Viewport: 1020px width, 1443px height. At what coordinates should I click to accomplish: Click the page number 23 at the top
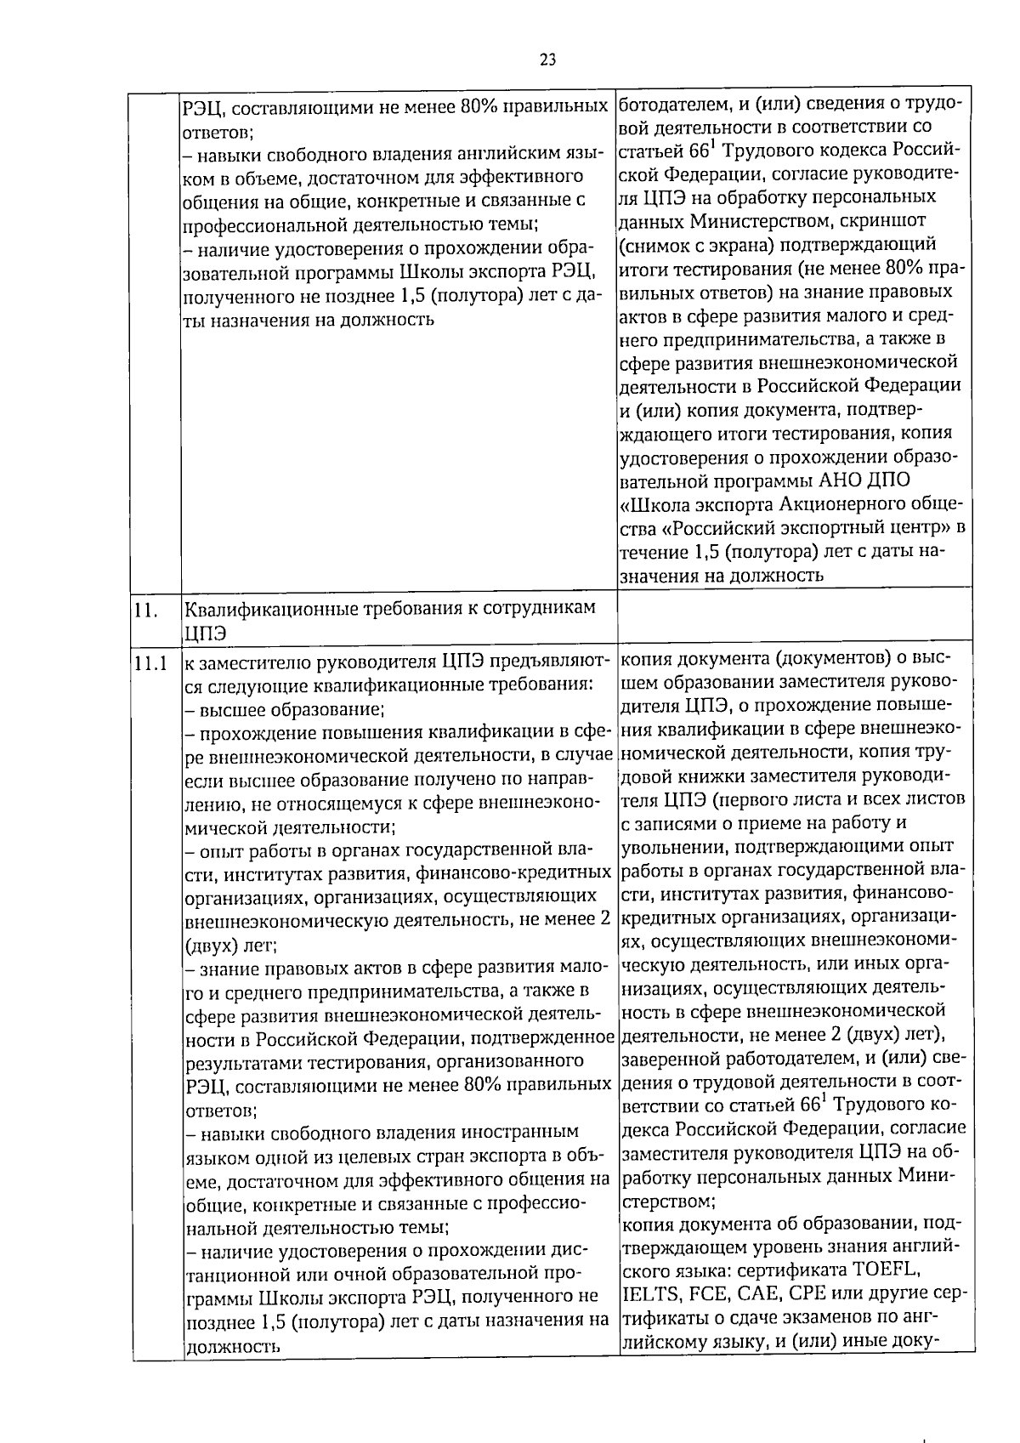pos(547,60)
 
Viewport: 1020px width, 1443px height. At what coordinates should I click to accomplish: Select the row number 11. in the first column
pos(144,611)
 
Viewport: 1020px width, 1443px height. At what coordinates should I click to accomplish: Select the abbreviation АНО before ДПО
pos(838,480)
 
